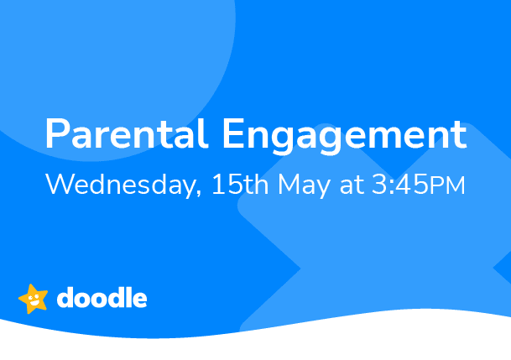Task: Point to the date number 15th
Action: (239, 185)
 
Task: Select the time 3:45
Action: (399, 185)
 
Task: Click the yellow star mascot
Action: (34, 298)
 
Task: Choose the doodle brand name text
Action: (102, 298)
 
